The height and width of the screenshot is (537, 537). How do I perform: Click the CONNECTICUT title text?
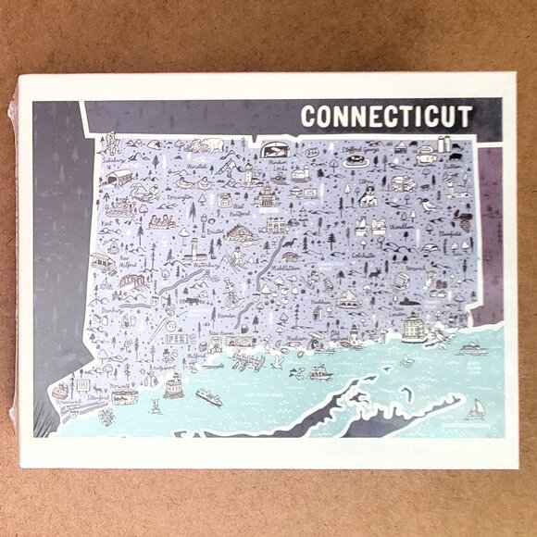pyautogui.click(x=386, y=118)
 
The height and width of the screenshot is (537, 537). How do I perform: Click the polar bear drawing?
pyautogui.click(x=214, y=144)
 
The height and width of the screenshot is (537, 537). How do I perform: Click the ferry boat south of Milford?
pyautogui.click(x=207, y=396)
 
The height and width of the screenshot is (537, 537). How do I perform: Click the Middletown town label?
pyautogui.click(x=289, y=262)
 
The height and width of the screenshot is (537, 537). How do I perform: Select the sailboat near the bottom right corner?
pyautogui.click(x=476, y=408)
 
